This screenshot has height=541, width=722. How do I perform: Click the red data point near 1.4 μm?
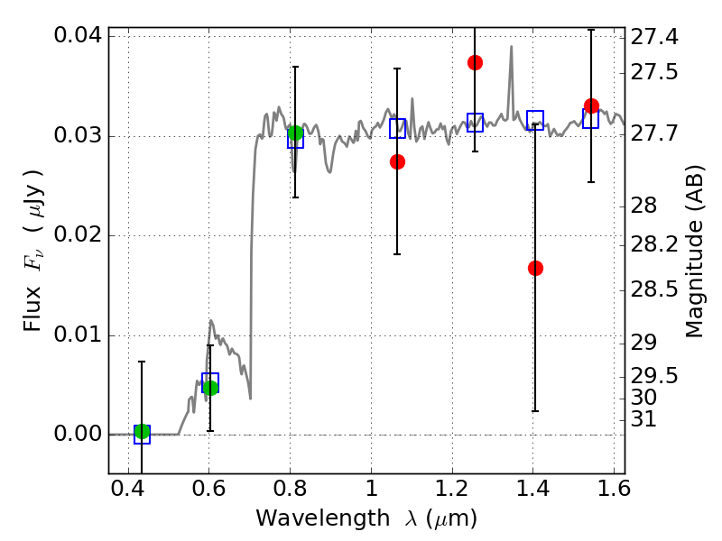(x=535, y=268)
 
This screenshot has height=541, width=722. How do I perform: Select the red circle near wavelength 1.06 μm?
(x=397, y=162)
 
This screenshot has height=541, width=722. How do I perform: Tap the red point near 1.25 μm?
(x=476, y=62)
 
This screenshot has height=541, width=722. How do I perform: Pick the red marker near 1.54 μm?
(x=591, y=106)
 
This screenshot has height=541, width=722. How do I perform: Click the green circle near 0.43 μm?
(x=142, y=432)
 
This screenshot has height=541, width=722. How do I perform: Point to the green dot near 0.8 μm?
(x=295, y=133)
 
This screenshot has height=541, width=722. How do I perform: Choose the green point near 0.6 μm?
(x=210, y=388)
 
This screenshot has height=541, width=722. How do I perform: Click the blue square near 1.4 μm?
(x=535, y=120)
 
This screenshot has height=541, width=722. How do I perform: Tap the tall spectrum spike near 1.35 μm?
(x=511, y=46)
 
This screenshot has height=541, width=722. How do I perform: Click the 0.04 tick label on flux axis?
(x=78, y=35)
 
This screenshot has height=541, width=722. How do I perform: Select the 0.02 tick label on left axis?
(x=78, y=234)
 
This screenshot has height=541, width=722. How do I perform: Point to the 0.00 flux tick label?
(x=78, y=434)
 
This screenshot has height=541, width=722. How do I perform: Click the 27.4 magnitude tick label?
(x=653, y=37)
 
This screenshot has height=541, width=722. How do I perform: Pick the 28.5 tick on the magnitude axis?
(x=653, y=289)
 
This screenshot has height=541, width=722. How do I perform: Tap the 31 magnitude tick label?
(x=643, y=419)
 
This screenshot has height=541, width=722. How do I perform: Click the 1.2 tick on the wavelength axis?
(x=452, y=489)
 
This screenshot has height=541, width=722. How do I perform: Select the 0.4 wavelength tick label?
(x=128, y=489)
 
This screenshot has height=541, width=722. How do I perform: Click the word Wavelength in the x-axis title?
(x=323, y=518)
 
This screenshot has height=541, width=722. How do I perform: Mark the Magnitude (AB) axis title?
(x=695, y=252)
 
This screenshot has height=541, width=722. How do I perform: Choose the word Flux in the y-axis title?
(x=32, y=309)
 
